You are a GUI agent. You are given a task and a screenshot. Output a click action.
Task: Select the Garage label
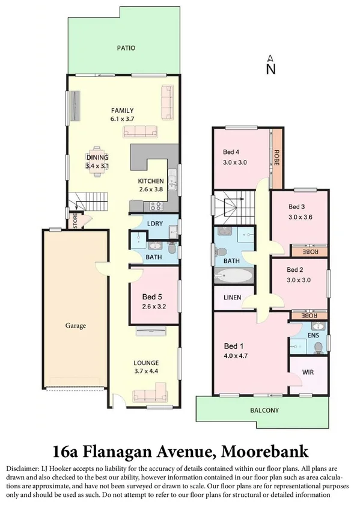pos(76,326)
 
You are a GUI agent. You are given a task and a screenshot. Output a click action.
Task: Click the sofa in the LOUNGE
pos(148,395)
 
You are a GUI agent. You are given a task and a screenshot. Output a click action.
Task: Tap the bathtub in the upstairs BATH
pos(233,277)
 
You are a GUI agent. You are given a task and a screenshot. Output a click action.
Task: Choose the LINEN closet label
pos(232,298)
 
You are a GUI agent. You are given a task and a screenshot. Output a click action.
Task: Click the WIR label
pos(308,372)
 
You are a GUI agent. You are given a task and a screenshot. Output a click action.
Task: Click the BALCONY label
pos(264,411)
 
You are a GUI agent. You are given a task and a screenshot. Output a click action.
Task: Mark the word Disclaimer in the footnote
pos(23,468)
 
